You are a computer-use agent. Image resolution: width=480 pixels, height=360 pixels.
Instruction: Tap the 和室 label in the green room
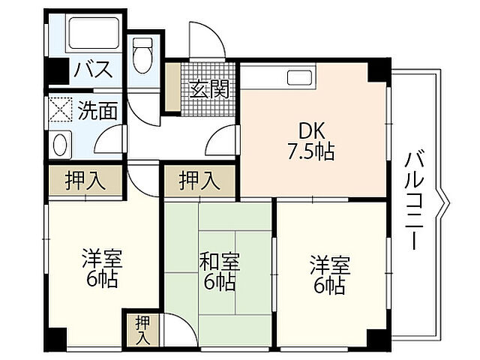(219, 263)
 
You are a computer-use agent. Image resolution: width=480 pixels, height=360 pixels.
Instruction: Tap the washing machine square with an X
(60, 111)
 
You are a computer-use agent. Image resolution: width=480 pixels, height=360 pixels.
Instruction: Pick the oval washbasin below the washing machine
(60, 142)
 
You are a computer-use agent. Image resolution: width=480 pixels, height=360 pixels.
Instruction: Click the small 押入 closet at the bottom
(142, 329)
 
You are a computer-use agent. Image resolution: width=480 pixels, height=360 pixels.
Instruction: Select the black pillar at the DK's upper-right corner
(378, 70)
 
